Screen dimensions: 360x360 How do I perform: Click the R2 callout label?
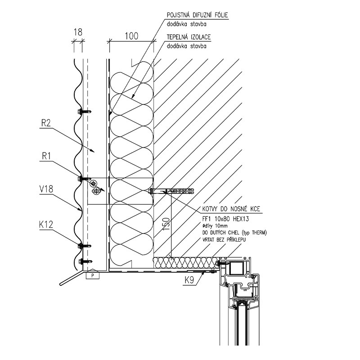coord(46,123)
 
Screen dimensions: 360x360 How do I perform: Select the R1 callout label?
coord(46,156)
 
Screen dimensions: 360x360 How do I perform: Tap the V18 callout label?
coord(46,189)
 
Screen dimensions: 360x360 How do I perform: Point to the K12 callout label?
coord(46,225)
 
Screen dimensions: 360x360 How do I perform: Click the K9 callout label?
coord(189,280)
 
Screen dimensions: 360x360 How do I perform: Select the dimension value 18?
coord(78,32)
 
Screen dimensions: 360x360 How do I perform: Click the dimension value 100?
coord(131,36)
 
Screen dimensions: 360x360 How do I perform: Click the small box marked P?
coord(93,275)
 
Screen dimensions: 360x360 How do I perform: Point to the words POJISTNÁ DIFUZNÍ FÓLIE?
coord(197,15)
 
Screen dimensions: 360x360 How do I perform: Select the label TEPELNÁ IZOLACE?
coord(189,37)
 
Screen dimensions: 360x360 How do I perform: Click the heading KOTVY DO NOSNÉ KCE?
coord(231,209)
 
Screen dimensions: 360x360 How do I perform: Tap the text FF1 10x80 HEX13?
coord(225,219)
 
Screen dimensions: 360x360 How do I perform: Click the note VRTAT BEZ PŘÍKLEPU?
coord(224,240)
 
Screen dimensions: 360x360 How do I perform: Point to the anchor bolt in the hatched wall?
coord(172,191)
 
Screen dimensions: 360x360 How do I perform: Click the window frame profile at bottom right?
coord(239,301)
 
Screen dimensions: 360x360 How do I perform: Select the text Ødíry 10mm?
coord(215,226)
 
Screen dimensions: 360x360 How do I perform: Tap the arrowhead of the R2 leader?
coord(93,151)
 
